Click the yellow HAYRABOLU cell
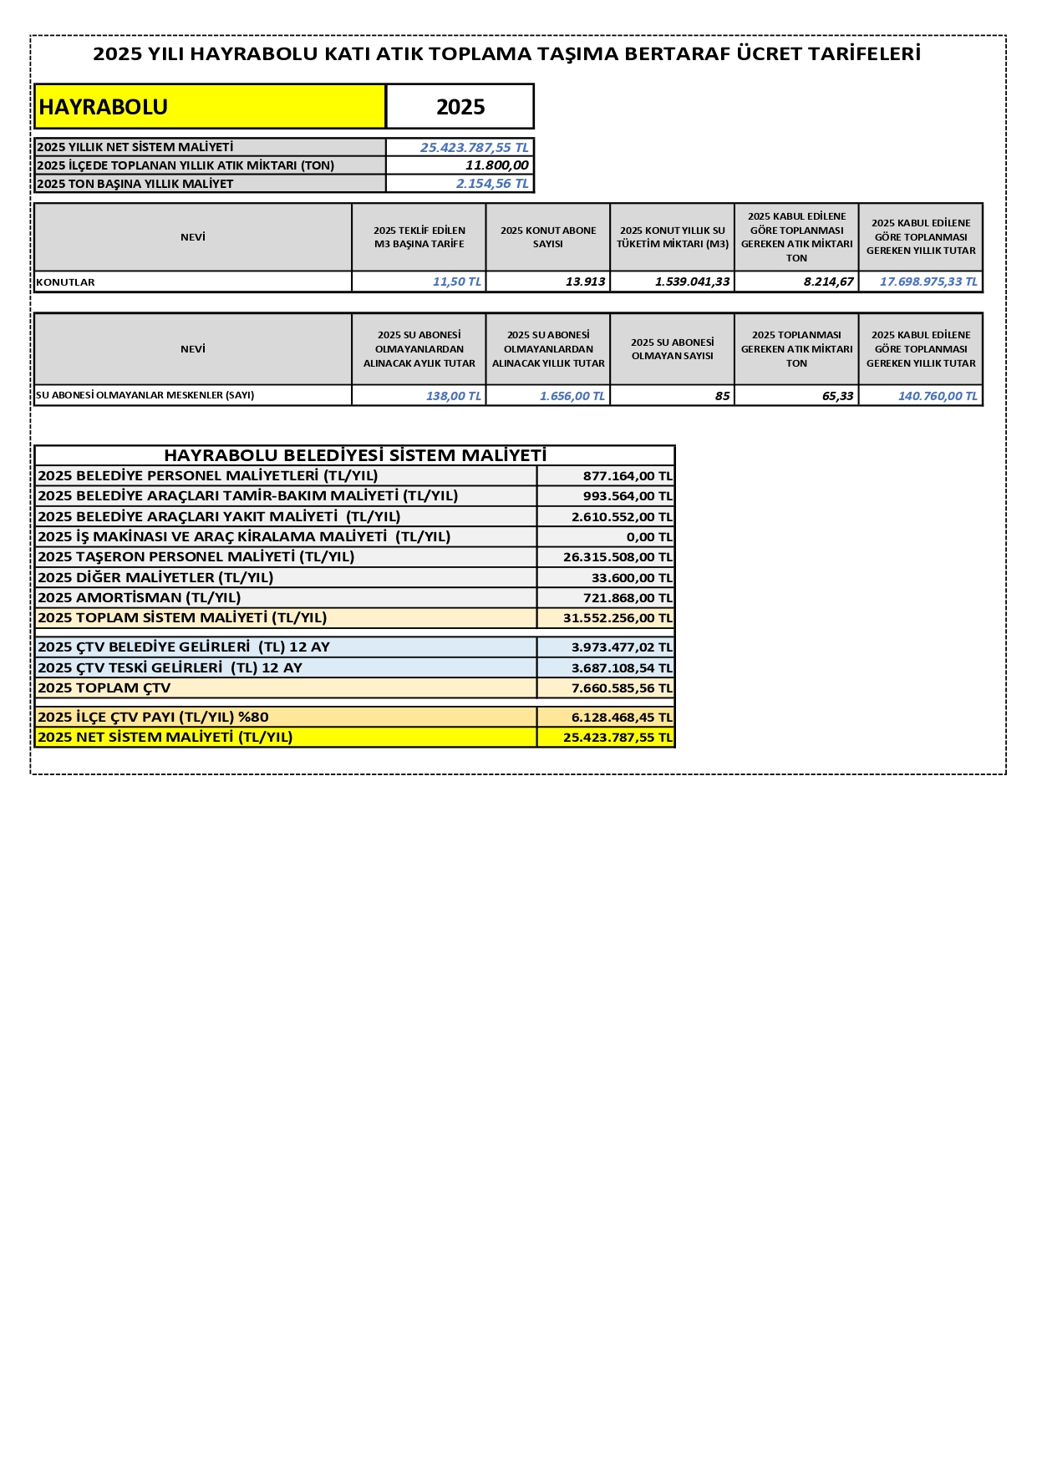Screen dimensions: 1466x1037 [209, 107]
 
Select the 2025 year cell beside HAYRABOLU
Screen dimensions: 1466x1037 [460, 107]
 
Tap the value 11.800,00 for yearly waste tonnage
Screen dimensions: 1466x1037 [496, 165]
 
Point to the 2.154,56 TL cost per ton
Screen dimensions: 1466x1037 [492, 184]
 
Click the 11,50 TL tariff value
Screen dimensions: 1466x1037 [456, 282]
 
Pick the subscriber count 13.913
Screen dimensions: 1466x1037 [585, 282]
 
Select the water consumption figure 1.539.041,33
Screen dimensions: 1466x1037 [692, 282]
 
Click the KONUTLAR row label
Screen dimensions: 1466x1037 [66, 282]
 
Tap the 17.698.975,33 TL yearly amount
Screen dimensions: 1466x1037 [928, 282]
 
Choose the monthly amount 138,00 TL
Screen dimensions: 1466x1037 [453, 396]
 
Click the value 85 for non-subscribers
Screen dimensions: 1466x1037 [722, 396]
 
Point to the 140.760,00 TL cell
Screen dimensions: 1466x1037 [937, 396]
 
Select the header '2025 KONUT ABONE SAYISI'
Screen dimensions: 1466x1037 [548, 237]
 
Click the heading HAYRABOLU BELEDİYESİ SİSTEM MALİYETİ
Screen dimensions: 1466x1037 [355, 455]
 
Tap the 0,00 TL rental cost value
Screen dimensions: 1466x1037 [648, 537]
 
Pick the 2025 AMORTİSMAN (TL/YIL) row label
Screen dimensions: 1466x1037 [140, 597]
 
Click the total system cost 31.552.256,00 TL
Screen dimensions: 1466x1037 [617, 618]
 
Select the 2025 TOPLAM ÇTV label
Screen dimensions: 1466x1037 [104, 688]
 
